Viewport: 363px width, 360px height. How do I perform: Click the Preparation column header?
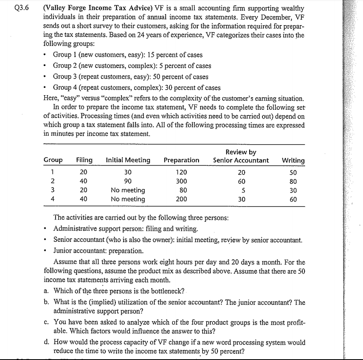[x=181, y=160]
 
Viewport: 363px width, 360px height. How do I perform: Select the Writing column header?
[x=293, y=160]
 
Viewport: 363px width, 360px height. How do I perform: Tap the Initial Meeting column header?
[x=128, y=160]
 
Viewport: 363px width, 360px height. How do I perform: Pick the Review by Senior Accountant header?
[x=241, y=156]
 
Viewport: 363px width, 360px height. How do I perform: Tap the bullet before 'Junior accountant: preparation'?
[x=48, y=250]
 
